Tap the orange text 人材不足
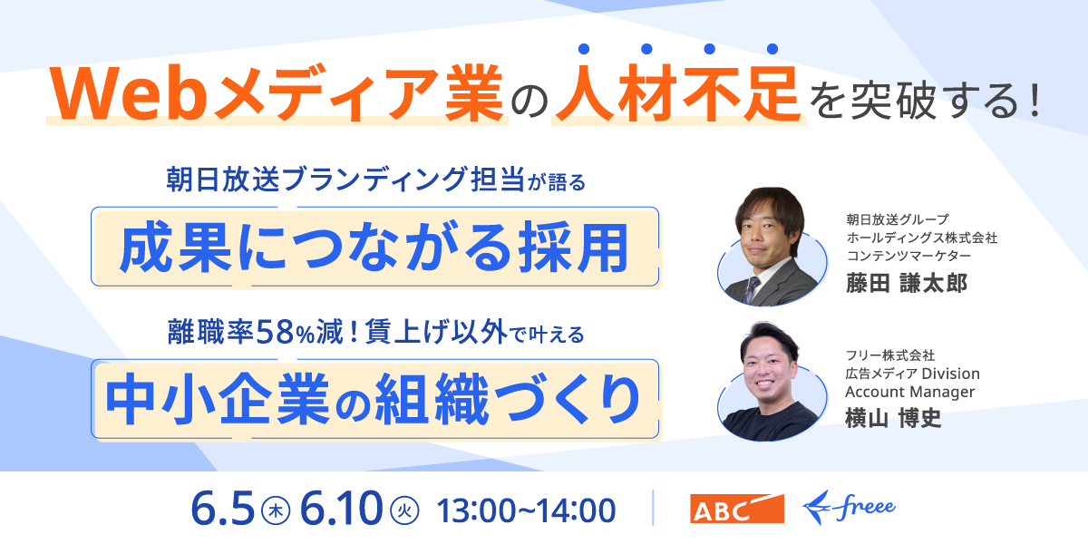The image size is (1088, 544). pos(678,93)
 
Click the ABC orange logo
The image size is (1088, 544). pos(737,509)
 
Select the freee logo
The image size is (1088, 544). pos(849,508)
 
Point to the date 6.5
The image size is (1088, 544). pos(222,509)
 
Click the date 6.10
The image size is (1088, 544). pos(342,509)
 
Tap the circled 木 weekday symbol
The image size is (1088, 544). pos(276,510)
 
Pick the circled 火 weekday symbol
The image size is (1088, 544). pos(404,510)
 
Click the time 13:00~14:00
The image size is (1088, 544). pos(526,510)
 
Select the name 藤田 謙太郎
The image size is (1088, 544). pos(907,283)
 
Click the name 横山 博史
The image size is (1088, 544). pos(893,418)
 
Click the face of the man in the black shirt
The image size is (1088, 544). pos(767,372)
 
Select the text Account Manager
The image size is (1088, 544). pos(909,392)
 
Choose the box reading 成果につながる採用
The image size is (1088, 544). pos(375,247)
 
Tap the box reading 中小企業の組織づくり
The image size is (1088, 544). pos(375,399)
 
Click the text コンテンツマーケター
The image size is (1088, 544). pos(908,256)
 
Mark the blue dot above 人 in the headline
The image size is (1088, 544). pos(584,49)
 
